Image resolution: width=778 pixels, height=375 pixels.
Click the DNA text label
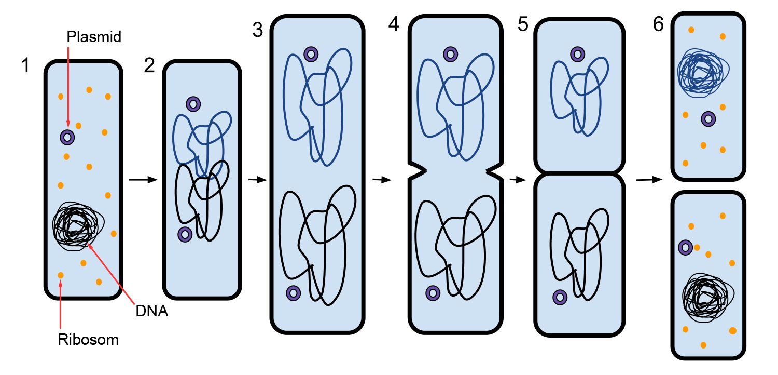click(x=152, y=312)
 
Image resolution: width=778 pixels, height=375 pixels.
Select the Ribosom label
click(x=88, y=340)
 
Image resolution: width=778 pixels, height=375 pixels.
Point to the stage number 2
click(x=149, y=66)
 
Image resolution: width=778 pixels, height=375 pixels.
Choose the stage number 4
click(x=394, y=24)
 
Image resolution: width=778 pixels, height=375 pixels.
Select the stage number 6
click(x=658, y=24)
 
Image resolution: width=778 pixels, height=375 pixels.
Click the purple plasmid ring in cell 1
click(x=67, y=137)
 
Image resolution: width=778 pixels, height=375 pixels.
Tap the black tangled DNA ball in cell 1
click(x=78, y=226)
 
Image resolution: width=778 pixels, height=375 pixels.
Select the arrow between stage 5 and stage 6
click(x=649, y=180)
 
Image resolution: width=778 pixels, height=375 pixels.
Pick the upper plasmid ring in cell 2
click(x=193, y=104)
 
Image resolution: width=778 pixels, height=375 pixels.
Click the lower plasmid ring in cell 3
click(x=293, y=292)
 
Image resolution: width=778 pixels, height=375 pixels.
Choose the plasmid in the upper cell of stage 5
click(x=577, y=53)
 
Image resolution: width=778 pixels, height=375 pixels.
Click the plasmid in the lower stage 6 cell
click(x=686, y=248)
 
